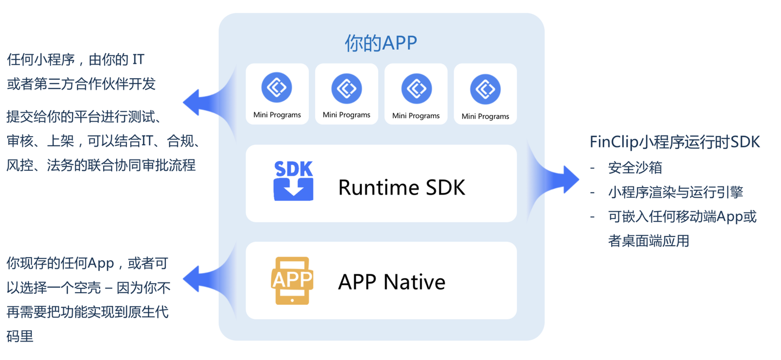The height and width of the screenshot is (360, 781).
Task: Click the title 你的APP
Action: [x=381, y=43]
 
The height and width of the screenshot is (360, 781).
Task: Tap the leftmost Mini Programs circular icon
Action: [x=277, y=87]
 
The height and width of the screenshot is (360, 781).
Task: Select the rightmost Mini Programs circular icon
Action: [x=485, y=89]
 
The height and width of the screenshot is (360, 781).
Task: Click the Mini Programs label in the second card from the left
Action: [x=347, y=114]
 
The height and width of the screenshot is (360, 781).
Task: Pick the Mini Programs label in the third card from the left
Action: [x=416, y=115]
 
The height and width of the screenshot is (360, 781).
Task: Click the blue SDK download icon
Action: [x=293, y=181]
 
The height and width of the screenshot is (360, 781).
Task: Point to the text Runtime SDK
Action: [x=402, y=188]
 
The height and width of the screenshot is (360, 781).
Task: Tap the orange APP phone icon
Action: [x=292, y=280]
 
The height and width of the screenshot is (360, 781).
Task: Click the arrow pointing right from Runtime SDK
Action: [x=554, y=180]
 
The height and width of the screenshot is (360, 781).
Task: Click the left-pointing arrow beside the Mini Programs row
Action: [x=209, y=102]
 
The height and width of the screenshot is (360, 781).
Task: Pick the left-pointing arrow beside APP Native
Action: [x=209, y=279]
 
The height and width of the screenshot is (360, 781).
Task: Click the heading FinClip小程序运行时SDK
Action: [x=675, y=142]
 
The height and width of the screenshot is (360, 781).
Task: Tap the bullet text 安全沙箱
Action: [x=635, y=168]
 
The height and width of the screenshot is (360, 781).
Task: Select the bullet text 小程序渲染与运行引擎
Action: [x=676, y=192]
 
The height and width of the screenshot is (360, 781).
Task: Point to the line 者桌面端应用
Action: [x=649, y=241]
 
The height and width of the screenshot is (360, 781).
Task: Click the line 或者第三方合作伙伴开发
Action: [x=81, y=84]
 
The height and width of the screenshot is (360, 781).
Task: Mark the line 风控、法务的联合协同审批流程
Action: [x=101, y=165]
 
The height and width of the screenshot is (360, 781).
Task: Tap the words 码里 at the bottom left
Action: [x=20, y=336]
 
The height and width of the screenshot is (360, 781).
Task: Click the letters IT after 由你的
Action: [x=138, y=60]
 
